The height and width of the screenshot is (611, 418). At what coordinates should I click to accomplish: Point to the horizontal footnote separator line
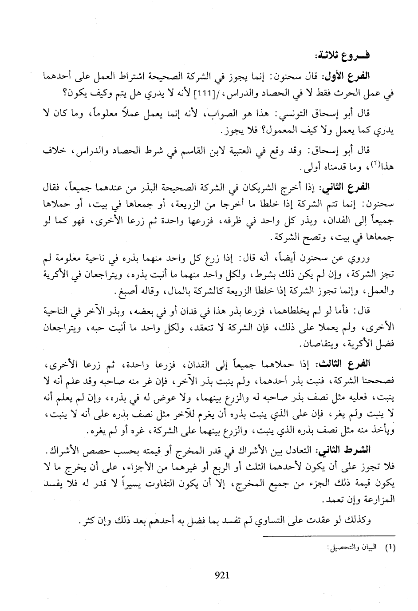[329, 536]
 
